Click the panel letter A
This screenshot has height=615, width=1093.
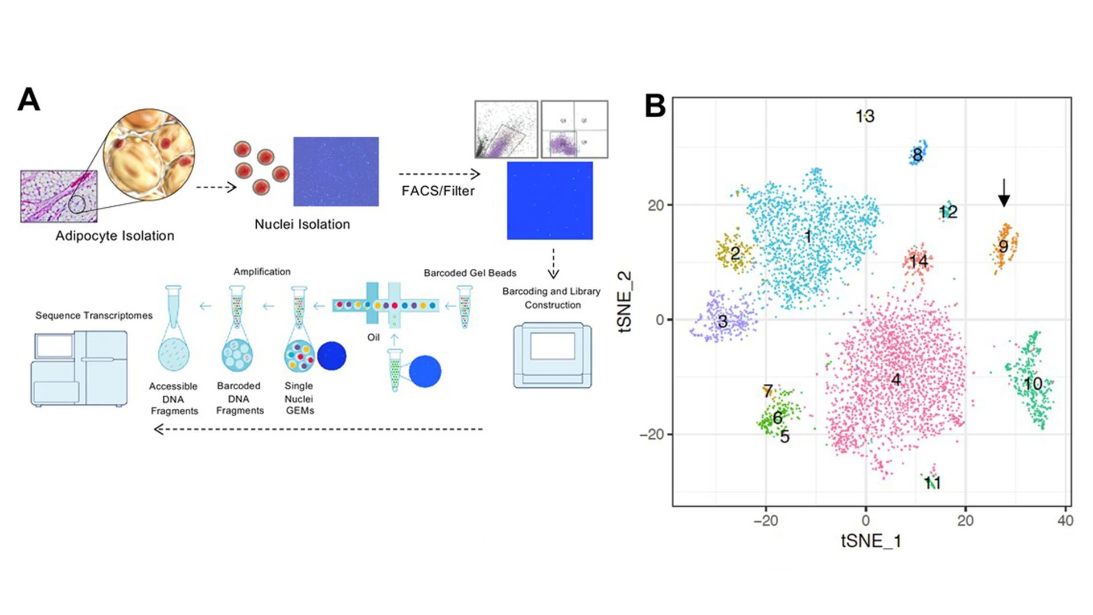point(29,100)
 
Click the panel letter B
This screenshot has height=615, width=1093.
point(655,106)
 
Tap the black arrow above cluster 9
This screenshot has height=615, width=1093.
point(1004,193)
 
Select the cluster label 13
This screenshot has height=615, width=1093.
point(865,116)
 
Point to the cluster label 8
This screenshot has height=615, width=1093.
point(917,154)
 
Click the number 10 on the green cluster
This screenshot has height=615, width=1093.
point(1033,384)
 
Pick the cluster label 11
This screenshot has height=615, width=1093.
point(932,483)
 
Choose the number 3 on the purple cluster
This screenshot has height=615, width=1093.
point(722,321)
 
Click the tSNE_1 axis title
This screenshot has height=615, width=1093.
point(871,540)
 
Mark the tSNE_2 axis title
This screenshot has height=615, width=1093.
point(625,301)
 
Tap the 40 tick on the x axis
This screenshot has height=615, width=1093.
point(1065,520)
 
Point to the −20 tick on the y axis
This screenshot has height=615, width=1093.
point(655,434)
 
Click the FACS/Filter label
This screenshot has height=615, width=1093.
point(438,191)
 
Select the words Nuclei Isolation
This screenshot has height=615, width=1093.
point(302,224)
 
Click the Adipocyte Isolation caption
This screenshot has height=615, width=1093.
point(115,236)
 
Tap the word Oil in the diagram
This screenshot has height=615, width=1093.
point(373,337)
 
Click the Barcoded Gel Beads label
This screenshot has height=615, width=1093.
point(470,273)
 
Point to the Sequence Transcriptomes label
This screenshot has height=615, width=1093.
point(94,315)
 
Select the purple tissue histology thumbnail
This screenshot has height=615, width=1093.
point(59,196)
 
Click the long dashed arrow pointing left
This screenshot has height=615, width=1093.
point(319,429)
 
